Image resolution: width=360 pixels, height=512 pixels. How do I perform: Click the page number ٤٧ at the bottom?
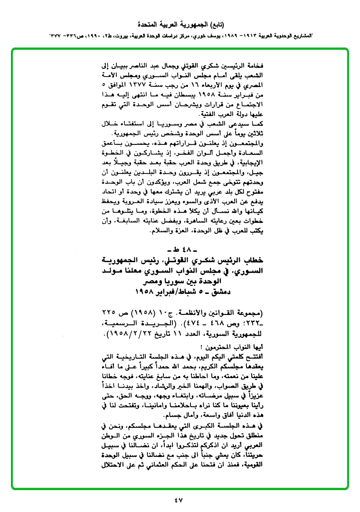click(x=179, y=499)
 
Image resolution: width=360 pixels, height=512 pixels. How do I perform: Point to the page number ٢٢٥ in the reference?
click(x=109, y=313)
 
